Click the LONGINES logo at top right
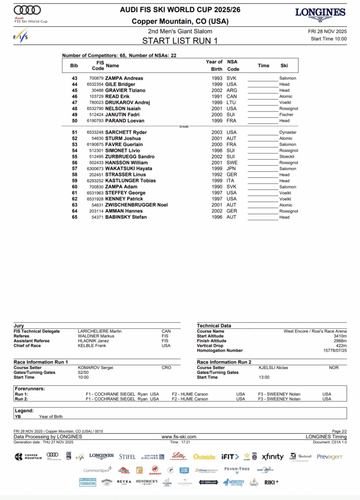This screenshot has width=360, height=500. click(x=321, y=13)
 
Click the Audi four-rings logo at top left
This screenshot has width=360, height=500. click(x=27, y=10)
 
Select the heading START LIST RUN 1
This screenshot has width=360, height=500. click(x=180, y=41)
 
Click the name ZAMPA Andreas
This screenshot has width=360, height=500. click(x=125, y=78)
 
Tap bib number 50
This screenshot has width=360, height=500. click(x=75, y=121)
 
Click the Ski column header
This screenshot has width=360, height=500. click(x=284, y=65)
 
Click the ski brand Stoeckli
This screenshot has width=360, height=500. click(x=287, y=157)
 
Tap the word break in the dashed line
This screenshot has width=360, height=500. click(x=184, y=126)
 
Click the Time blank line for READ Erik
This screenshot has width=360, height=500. click(x=263, y=97)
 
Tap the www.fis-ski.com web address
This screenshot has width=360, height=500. click(x=179, y=437)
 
